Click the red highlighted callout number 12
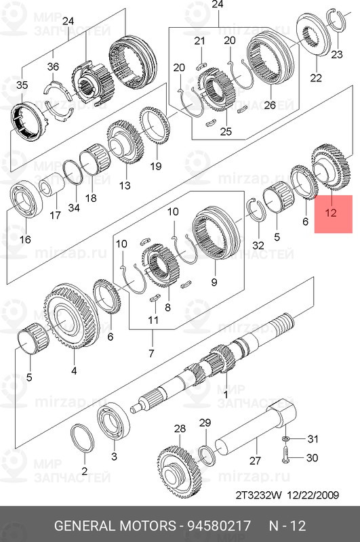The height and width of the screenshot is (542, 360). pos(331,212)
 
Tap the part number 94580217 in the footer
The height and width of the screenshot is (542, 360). pos(219,526)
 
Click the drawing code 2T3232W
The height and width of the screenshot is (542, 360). pos(259,495)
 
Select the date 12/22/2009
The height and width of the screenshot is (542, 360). pos(313,495)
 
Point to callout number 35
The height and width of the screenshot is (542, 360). pos(22,85)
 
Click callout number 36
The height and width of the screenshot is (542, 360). pos(53,66)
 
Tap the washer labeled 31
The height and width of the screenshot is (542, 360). pos(285,438)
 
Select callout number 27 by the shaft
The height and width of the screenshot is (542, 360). pos(255,461)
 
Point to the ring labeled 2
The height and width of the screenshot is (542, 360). pos(83,438)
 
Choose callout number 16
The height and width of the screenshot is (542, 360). pos(25,239)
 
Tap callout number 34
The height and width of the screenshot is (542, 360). pos(74,207)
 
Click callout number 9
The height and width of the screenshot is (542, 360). pos(214,282)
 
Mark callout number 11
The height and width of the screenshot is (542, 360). pos(153,320)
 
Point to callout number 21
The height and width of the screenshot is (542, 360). pos(199,41)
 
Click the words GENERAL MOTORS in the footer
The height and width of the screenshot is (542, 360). pos(115,526)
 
